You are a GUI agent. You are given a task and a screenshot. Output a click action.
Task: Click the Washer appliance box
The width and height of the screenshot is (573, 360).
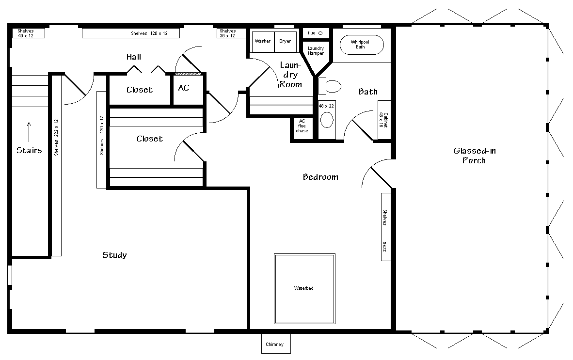pos(263,42)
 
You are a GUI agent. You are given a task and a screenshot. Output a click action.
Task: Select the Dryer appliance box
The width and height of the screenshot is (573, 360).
pos(286,42)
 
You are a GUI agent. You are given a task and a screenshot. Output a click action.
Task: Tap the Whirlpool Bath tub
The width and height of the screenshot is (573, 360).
pos(362,45)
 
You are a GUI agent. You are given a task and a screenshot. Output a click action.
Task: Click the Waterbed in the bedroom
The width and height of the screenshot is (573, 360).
pos(304,288)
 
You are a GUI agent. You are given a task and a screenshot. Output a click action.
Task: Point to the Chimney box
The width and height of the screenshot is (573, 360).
pos(276,344)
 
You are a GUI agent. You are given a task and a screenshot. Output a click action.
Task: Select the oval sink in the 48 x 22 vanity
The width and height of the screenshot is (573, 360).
pos(327,120)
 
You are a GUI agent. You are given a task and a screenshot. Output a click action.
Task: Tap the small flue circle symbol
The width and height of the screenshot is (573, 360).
pos(320,33)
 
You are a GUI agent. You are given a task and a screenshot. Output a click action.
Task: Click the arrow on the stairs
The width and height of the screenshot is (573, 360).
pos(29,132)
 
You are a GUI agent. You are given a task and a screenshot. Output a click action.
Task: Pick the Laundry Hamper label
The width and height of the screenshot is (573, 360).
pos(316,51)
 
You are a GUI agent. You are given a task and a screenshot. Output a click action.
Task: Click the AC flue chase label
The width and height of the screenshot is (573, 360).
pos(302,126)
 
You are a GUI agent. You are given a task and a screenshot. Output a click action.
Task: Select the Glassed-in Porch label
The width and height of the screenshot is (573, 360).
pos(474,156)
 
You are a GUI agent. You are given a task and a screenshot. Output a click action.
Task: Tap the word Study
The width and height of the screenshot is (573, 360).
pos(115,255)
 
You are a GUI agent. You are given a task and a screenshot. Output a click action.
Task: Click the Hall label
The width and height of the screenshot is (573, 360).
pos(134,57)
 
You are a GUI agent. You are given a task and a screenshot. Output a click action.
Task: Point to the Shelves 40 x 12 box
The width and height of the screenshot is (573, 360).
pos(29,33)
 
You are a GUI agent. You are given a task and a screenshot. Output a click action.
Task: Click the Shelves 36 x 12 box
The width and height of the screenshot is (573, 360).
pos(231,33)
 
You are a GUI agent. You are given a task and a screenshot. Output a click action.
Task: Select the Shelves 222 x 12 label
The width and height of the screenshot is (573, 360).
pos(56,138)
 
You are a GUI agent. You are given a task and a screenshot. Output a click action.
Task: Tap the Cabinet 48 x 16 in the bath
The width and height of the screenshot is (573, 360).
pos(384,120)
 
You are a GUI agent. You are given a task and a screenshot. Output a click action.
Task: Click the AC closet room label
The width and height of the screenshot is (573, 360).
pos(184,88)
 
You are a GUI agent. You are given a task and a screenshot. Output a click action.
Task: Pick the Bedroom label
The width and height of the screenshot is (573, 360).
pos(320,177)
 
